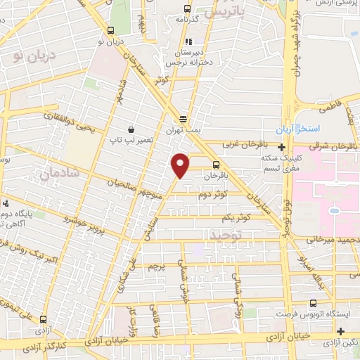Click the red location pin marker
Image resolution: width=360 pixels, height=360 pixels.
coord(181,165)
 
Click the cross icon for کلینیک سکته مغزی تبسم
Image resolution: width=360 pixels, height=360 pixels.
coord(282,148)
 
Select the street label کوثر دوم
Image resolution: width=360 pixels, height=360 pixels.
coord(214,193)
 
